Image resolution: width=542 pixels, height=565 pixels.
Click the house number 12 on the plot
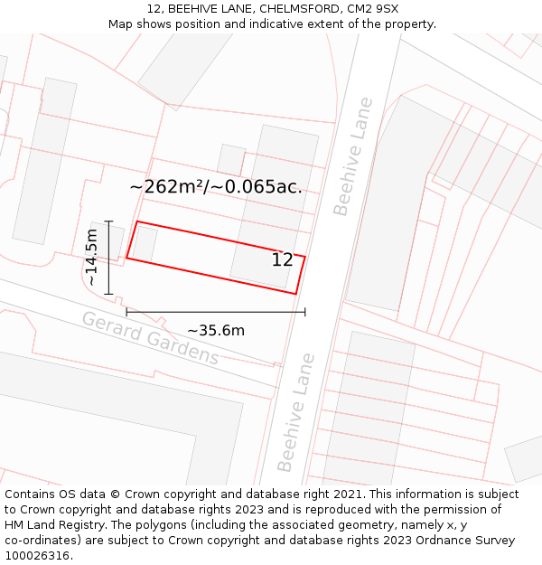pyautogui.click(x=283, y=260)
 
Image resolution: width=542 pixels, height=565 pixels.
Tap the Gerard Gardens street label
pyautogui.click(x=150, y=338)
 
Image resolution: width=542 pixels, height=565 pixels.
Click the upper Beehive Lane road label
pyautogui.click(x=353, y=156)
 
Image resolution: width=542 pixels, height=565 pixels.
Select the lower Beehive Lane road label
pyautogui.click(x=297, y=412)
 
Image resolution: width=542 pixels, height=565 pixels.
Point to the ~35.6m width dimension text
pyautogui.click(x=216, y=331)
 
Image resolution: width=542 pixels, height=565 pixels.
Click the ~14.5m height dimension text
pyautogui.click(x=91, y=258)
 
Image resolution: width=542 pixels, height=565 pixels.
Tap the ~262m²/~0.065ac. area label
pyautogui.click(x=216, y=187)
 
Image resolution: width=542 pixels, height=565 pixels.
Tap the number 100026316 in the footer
pyautogui.click(x=37, y=556)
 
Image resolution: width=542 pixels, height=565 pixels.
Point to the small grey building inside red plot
pyautogui.click(x=145, y=243)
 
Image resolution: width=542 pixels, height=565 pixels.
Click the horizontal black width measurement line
pyautogui.click(x=216, y=312)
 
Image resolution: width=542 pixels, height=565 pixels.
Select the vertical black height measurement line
pyautogui.click(x=108, y=258)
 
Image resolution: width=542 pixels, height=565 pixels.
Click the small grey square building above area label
pyautogui.click(x=231, y=160)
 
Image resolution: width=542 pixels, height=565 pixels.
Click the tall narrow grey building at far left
pyautogui.click(x=43, y=161)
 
